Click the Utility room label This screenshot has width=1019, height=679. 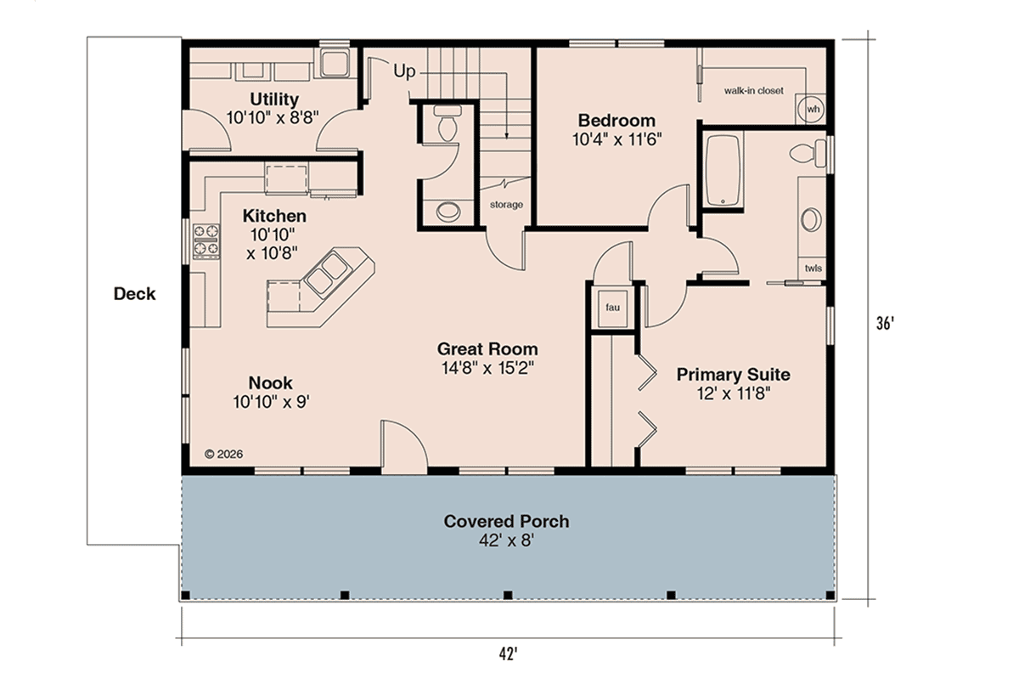point(274,99)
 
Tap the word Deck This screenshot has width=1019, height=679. point(135,294)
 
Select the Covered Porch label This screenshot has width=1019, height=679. point(506,522)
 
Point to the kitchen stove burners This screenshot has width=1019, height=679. point(206,240)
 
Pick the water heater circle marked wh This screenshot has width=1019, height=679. point(813,109)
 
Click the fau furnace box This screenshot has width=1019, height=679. point(612,308)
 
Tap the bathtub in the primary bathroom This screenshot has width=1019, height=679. point(723,170)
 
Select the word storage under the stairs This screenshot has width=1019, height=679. point(506,205)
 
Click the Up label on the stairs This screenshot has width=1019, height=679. point(404,71)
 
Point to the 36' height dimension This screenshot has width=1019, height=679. point(885,323)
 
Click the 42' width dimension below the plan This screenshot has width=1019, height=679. point(508,654)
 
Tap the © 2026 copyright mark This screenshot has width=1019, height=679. point(224,454)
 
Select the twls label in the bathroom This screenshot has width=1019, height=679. point(813,269)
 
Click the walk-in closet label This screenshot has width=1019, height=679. point(754,91)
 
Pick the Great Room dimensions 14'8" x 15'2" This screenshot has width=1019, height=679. point(487,368)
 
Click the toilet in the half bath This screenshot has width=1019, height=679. point(448,124)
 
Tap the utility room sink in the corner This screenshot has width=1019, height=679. point(335,63)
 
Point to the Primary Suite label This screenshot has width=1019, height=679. point(734,374)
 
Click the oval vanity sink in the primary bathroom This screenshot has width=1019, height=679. point(811,220)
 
